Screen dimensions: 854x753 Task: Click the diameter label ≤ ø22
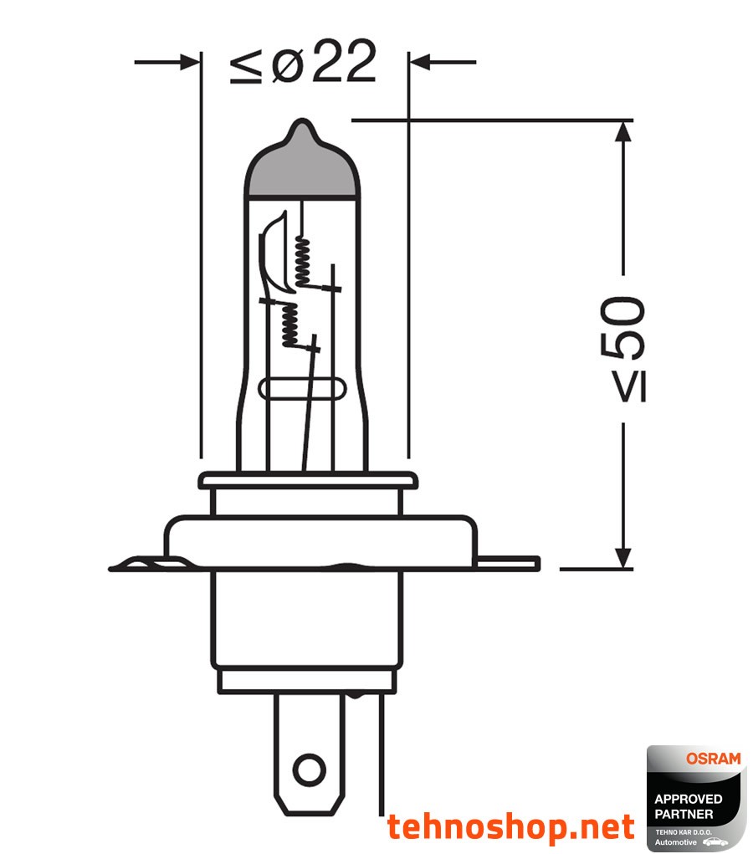[303, 64]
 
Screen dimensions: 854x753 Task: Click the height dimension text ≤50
[623, 348]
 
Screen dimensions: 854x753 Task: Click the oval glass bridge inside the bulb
[302, 390]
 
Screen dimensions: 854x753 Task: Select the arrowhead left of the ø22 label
[192, 62]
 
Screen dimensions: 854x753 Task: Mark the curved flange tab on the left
[138, 565]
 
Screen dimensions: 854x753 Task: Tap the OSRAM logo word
[713, 759]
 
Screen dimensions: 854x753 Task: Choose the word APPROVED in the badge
[688, 799]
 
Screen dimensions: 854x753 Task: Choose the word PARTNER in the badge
[684, 813]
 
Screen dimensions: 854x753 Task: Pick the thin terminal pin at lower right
[382, 753]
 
